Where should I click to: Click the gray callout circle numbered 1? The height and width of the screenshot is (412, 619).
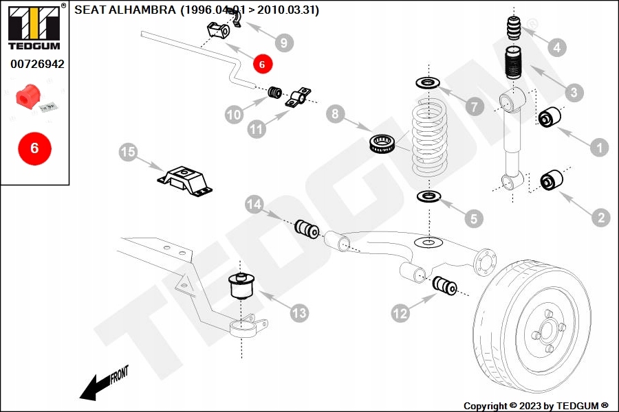(599, 146)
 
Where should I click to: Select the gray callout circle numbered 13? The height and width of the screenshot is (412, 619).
(298, 313)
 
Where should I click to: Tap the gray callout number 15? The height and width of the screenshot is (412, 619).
(129, 152)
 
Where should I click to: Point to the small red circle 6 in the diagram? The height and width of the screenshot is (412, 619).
(263, 63)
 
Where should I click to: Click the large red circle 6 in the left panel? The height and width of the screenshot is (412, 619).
(34, 148)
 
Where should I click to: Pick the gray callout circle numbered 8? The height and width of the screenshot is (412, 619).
(335, 113)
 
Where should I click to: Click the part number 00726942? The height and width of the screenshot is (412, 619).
(37, 65)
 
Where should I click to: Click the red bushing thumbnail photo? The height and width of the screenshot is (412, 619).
(28, 97)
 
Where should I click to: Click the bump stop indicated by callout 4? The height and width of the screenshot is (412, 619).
(515, 30)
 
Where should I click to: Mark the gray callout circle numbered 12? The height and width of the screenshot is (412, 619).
(401, 313)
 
